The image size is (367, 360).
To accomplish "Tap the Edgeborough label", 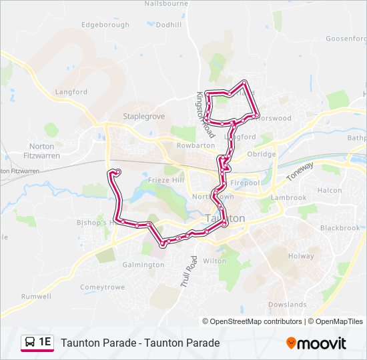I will tap(105, 25).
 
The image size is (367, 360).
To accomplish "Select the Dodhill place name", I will tap(168, 25).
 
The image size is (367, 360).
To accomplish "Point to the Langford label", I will tap(71, 92).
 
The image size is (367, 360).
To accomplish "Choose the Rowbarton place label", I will tap(196, 145).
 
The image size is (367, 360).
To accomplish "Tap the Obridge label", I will tap(262, 154).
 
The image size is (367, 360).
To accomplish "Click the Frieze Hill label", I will tap(167, 181).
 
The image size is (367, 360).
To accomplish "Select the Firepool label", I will tap(245, 183).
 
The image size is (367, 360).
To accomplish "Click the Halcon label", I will tap(330, 191).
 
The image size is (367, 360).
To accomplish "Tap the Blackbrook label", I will tap(340, 227).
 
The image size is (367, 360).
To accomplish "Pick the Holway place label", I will tap(300, 256).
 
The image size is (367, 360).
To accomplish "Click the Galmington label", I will tap(143, 265).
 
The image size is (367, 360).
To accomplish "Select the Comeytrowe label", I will tap(102, 287).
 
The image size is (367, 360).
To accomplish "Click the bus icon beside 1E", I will tap(30, 343).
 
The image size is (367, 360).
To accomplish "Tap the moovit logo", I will tap(316, 343).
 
